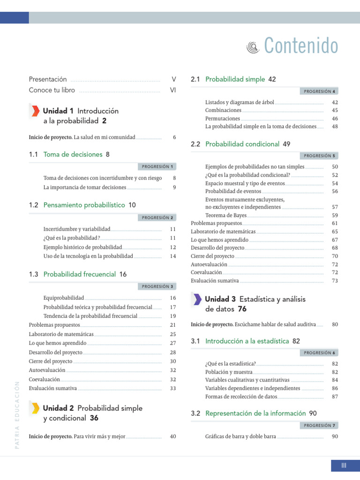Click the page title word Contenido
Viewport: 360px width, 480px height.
pyautogui.click(x=300, y=46)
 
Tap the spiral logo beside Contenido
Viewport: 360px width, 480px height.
pyautogui.click(x=253, y=46)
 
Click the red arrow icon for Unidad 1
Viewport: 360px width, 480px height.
pyautogui.click(x=35, y=111)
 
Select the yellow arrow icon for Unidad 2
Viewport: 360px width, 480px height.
pyautogui.click(x=35, y=408)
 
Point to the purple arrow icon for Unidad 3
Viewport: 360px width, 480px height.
pyautogui.click(x=197, y=299)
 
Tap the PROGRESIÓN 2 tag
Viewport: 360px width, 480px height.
pyautogui.click(x=157, y=217)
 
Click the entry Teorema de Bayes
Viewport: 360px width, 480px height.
pyautogui.click(x=226, y=215)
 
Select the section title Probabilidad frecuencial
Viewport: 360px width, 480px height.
pyautogui.click(x=79, y=274)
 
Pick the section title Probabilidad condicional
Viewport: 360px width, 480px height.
pyautogui.click(x=242, y=144)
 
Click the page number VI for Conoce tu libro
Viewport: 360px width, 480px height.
pyautogui.click(x=172, y=90)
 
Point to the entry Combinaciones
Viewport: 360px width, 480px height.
pyautogui.click(x=223, y=110)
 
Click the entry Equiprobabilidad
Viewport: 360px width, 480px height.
pyautogui.click(x=64, y=298)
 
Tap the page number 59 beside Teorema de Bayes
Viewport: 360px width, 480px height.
pyautogui.click(x=335, y=215)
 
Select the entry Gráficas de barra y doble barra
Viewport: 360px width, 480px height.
pyautogui.click(x=240, y=436)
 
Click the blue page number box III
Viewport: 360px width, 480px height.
pyautogui.click(x=344, y=465)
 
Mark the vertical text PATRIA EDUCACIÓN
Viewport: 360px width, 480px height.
pyautogui.click(x=17, y=414)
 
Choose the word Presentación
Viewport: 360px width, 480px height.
pyautogui.click(x=48, y=79)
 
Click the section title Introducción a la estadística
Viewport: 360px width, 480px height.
pyautogui.click(x=247, y=341)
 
